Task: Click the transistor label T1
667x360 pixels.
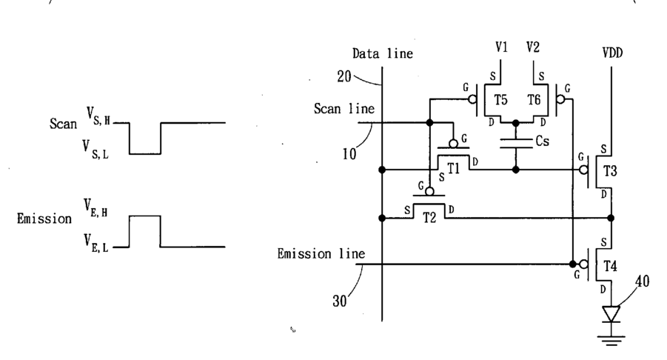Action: pos(454,169)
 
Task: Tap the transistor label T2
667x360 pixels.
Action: pos(429,218)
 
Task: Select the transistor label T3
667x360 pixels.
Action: pos(610,170)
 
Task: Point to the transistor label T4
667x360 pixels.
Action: pos(610,266)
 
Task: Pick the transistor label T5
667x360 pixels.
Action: pos(500,100)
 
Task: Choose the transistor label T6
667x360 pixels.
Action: pos(534,100)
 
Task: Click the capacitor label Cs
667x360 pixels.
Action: pos(543,141)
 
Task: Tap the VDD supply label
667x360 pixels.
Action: pos(612,53)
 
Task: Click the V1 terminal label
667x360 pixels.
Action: pos(501,47)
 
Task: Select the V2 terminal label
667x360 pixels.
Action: pos(532,47)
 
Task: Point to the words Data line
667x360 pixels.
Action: pos(383,53)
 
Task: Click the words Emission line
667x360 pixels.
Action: pos(321,254)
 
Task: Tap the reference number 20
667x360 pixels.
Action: pos(344,76)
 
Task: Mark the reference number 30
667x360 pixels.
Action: pos(340,301)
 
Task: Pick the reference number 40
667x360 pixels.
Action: pos(643,281)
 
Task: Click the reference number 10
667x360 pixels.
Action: pos(349,154)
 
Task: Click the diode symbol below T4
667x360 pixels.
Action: pos(611,314)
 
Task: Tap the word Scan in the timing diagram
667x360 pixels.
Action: pos(64,124)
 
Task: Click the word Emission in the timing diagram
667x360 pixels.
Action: pos(44,219)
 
